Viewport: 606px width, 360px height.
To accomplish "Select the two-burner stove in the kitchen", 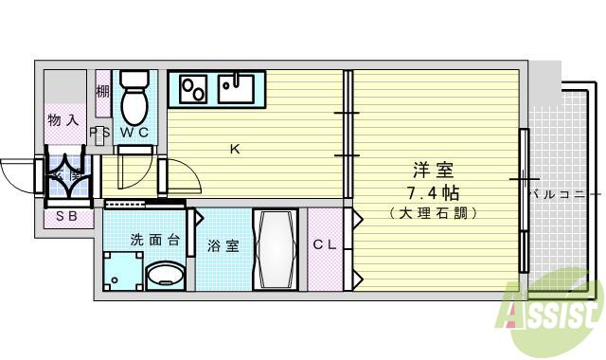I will pyautogui.click(x=193, y=89).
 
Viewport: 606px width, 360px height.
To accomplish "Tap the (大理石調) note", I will pyautogui.click(x=432, y=214).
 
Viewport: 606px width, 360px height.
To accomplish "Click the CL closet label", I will pyautogui.click(x=325, y=245).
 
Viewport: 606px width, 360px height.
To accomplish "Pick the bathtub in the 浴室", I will pyautogui.click(x=276, y=251).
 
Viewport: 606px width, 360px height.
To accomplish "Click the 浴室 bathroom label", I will pyautogui.click(x=223, y=246).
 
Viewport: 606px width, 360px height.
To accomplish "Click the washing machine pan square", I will pyautogui.click(x=122, y=271).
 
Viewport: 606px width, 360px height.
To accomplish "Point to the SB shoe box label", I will pyautogui.click(x=66, y=218).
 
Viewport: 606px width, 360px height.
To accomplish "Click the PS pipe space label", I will pyautogui.click(x=98, y=133).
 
